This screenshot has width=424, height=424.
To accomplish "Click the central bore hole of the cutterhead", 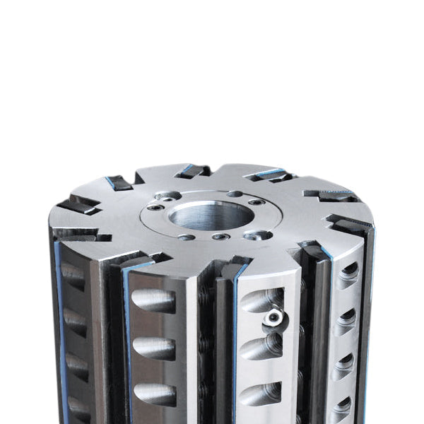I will point(211,215).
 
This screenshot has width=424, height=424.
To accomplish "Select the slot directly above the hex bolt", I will point(261,300).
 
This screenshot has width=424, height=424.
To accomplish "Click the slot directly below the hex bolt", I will point(261,347).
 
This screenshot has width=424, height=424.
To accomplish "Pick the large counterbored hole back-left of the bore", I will point(169,196).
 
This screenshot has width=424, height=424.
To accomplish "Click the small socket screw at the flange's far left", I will point(151,211).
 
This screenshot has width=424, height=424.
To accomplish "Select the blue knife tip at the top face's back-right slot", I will point(269,172).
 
